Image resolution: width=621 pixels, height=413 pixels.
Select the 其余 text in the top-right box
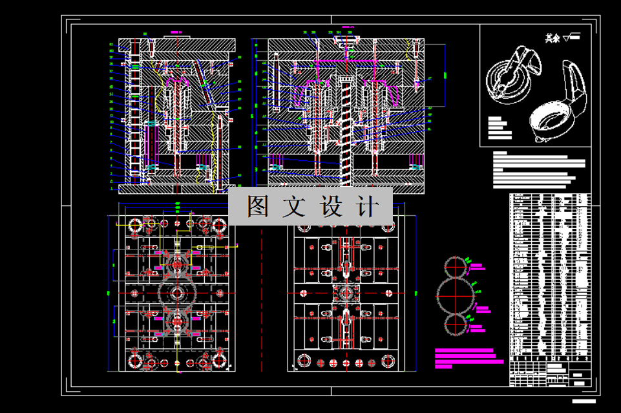(551, 39)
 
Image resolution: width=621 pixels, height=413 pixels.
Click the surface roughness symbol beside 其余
(571, 37)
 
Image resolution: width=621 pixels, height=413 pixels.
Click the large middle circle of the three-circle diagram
(457, 294)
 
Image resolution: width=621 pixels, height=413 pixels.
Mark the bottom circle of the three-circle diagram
(457, 323)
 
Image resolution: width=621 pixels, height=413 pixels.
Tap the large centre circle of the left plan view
(176, 293)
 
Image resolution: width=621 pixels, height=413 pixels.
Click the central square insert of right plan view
(346, 293)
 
